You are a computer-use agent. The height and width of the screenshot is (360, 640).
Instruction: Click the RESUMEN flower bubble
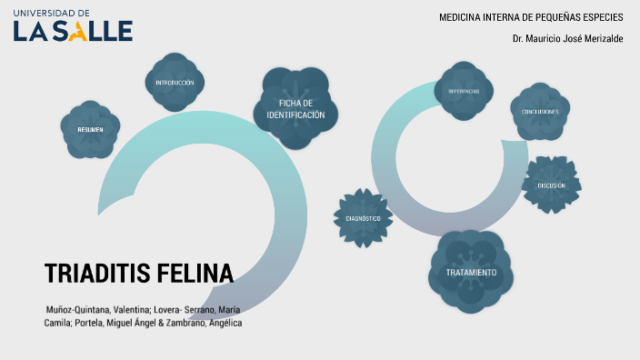(x=90, y=129)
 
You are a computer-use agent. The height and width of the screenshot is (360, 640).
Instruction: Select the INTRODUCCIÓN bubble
(x=175, y=83)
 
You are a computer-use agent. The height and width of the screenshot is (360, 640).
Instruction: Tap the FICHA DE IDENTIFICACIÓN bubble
(x=301, y=109)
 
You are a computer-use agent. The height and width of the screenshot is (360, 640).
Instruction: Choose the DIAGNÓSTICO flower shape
(x=363, y=218)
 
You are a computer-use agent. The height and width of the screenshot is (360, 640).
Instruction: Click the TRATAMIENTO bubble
(x=471, y=272)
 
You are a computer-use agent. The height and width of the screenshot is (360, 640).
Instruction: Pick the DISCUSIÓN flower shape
(x=551, y=185)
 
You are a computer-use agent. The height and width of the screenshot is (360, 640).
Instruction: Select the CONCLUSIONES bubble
(x=540, y=111)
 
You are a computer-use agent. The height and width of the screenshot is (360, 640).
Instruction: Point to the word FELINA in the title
(x=194, y=274)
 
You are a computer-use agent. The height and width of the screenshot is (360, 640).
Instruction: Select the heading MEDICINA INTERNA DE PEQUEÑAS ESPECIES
(x=531, y=17)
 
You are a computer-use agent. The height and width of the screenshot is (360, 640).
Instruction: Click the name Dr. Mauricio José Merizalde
(x=567, y=38)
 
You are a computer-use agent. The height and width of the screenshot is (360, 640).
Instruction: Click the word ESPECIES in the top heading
(x=604, y=17)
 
